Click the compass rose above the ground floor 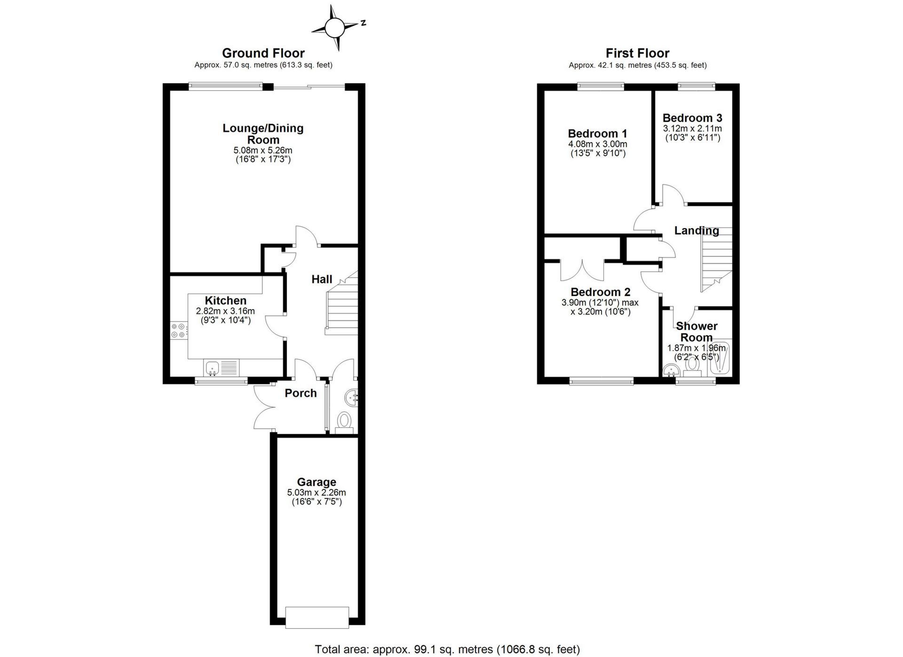(335, 28)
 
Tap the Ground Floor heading (263, 53)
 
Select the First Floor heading (637, 53)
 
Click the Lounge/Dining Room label (263, 134)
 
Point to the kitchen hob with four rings (178, 330)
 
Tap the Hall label (322, 279)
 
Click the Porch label (301, 393)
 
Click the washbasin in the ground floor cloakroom (352, 398)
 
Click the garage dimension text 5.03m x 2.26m (317, 493)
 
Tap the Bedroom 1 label (597, 134)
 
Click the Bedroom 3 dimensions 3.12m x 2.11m (692, 128)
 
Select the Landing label (697, 231)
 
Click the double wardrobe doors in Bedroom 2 (582, 270)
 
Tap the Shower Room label (697, 331)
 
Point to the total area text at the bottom (447, 649)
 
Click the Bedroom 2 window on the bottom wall (602, 381)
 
